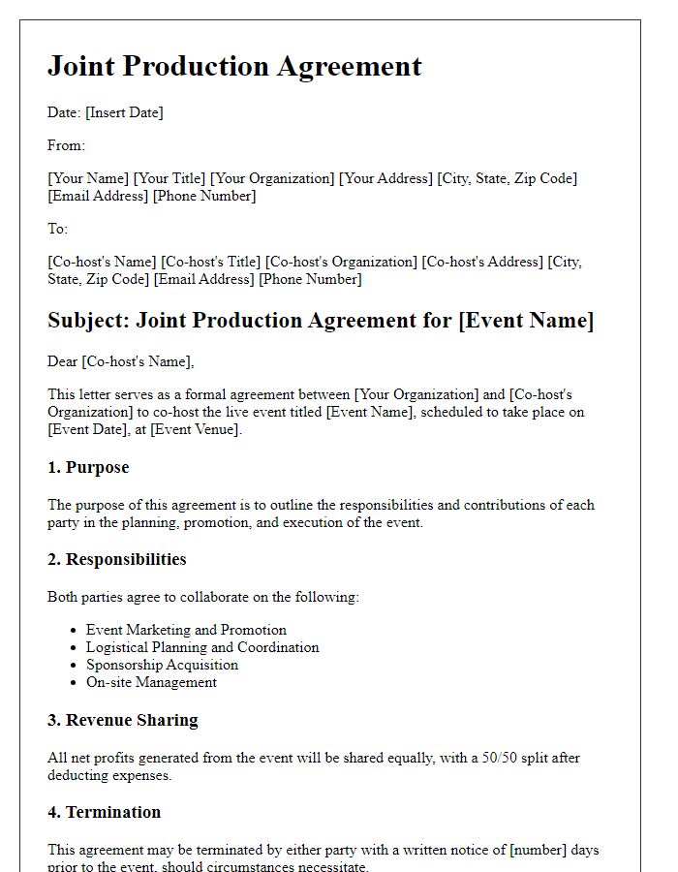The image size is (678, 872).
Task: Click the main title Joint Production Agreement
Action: tap(234, 66)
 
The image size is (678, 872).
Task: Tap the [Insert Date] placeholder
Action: tap(124, 112)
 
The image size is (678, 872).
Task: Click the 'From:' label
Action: tap(66, 145)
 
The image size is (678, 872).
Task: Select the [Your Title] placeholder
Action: tap(169, 178)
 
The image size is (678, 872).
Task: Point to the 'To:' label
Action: tap(58, 229)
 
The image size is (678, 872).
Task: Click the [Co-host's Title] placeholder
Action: tap(210, 262)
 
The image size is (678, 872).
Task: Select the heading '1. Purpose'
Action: tap(88, 467)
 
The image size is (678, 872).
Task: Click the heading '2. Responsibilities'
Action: tap(116, 559)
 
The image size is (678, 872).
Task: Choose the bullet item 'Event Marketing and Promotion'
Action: tap(186, 630)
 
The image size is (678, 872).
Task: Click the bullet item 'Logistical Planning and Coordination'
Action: tap(202, 647)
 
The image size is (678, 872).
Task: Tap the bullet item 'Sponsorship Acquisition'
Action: tap(162, 665)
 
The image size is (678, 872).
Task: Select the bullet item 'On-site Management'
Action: tap(151, 682)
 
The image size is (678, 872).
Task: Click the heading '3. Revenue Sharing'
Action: tap(122, 720)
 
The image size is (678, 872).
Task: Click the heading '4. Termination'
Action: tap(104, 812)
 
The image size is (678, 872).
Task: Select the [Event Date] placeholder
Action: tap(87, 429)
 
